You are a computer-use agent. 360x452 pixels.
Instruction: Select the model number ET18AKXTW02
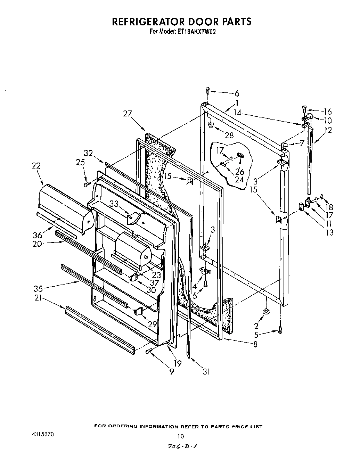coord(198,31)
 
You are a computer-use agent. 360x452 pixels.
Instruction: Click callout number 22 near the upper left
coord(36,166)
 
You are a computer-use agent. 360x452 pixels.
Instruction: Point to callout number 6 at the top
coord(237,93)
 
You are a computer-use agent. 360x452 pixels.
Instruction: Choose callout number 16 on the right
coord(328,112)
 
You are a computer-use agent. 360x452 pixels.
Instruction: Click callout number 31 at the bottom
coord(206,371)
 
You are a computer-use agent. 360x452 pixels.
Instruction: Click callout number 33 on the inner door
coord(114,204)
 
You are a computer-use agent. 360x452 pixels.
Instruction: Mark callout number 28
coord(229,135)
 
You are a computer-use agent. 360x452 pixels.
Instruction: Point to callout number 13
coord(329,232)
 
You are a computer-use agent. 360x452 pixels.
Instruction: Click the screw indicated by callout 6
coord(207,90)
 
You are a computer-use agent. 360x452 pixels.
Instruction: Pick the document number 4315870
coord(41,435)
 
